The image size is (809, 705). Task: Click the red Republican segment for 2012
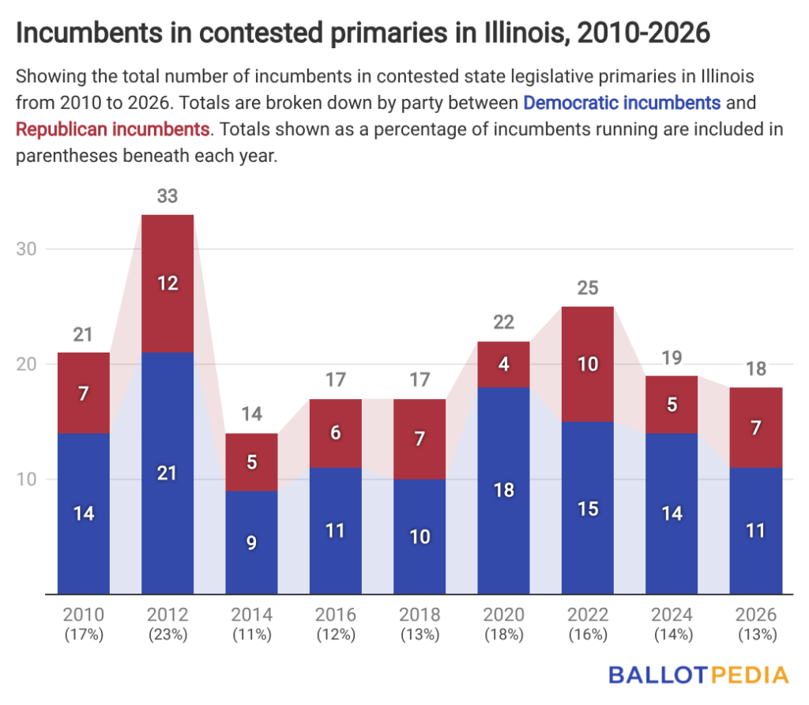(167, 283)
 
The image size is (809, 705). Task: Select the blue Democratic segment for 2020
(504, 490)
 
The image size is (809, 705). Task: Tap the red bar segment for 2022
(588, 364)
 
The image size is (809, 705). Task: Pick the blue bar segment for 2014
(251, 542)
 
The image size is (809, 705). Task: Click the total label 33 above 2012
(167, 196)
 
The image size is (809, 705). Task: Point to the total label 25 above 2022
(588, 288)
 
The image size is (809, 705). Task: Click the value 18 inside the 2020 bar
(504, 490)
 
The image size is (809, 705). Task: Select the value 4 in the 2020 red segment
(504, 364)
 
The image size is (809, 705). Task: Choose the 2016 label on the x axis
(336, 615)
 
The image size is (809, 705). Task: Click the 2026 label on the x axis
(756, 615)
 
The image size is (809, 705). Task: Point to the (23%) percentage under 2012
(167, 634)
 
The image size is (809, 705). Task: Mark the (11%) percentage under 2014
(251, 634)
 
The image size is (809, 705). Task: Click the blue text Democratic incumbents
(622, 102)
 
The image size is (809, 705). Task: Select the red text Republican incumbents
(112, 128)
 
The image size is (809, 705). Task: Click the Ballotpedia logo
(698, 675)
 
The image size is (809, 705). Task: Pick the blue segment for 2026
(756, 530)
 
